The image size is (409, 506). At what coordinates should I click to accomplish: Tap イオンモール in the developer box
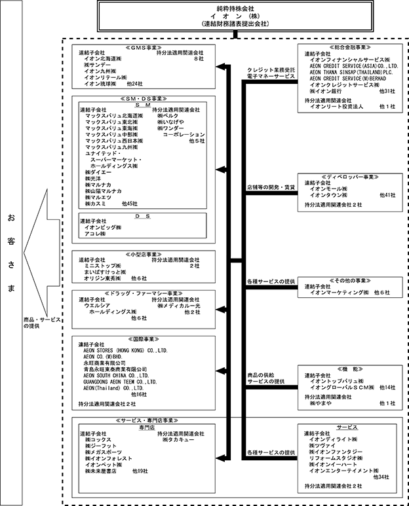coord(328,189)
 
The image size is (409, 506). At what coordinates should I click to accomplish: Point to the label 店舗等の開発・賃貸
coord(271,187)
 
